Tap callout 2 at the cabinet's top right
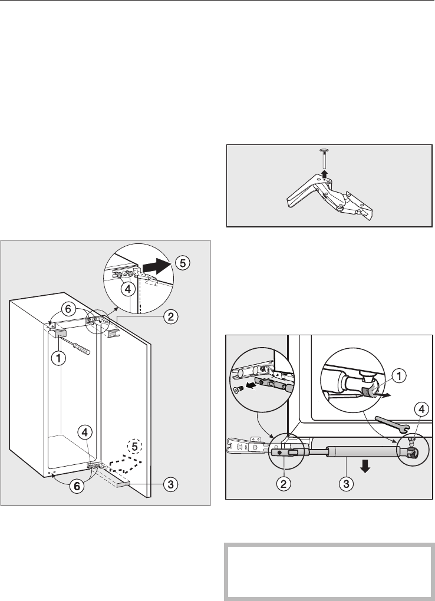pos(170,317)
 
